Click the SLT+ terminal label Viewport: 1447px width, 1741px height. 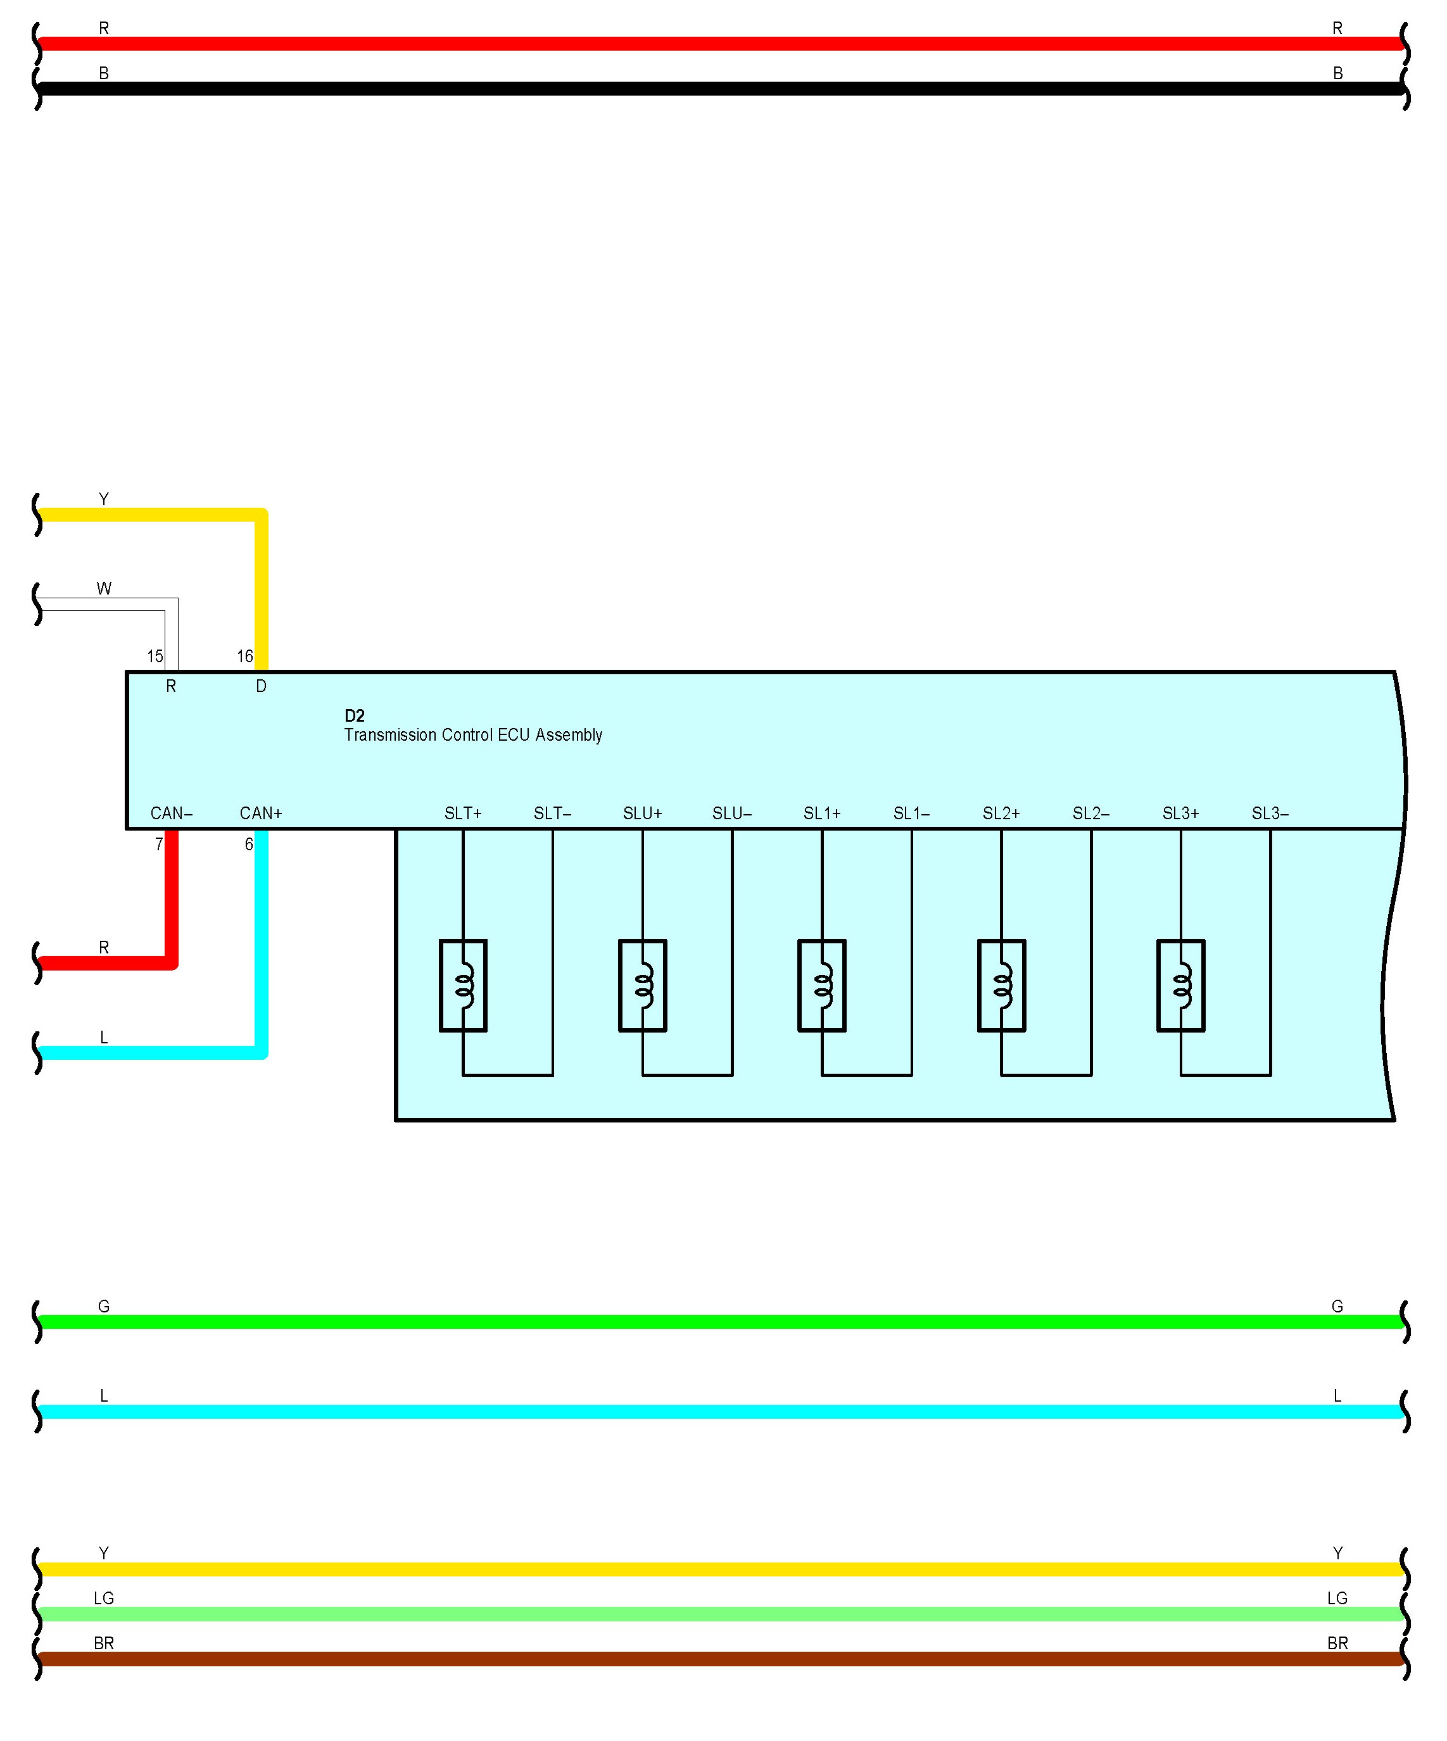[463, 814]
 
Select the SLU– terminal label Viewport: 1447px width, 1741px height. [731, 814]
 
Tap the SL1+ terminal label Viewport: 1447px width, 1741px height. [822, 814]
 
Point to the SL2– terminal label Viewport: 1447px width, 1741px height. [1090, 814]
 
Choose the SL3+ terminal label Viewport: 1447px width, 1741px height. [1180, 814]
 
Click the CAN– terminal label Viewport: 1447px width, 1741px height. [171, 814]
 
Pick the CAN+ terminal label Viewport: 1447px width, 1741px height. [261, 814]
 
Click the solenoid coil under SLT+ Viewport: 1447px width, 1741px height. [463, 986]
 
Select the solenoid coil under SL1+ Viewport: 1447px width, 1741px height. [822, 986]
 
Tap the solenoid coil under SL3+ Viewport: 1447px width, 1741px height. [1180, 986]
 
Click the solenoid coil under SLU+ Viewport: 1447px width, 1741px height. [643, 986]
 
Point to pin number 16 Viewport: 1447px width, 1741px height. [244, 657]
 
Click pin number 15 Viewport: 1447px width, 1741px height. [155, 657]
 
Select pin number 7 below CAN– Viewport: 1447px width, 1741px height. [159, 845]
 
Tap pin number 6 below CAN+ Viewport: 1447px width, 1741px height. [249, 845]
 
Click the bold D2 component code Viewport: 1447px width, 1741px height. [354, 715]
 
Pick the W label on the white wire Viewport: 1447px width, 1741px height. [104, 589]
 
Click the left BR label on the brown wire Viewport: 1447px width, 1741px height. [104, 1643]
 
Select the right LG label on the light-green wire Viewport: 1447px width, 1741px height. [1337, 1599]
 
